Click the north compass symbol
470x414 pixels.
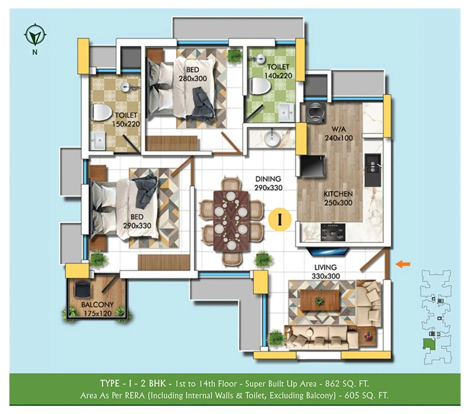35,35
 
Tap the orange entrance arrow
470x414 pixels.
403,264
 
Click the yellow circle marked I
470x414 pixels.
280,219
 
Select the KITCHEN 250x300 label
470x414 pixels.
338,198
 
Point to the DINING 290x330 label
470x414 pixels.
268,183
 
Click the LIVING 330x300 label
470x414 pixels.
325,271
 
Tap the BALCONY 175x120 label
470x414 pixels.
97,309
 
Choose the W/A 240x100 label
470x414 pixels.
339,133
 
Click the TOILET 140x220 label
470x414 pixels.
278,71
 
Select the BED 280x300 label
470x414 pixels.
193,74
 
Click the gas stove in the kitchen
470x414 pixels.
333,232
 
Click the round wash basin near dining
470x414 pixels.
272,138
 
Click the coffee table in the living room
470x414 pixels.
319,300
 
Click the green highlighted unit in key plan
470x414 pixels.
429,344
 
